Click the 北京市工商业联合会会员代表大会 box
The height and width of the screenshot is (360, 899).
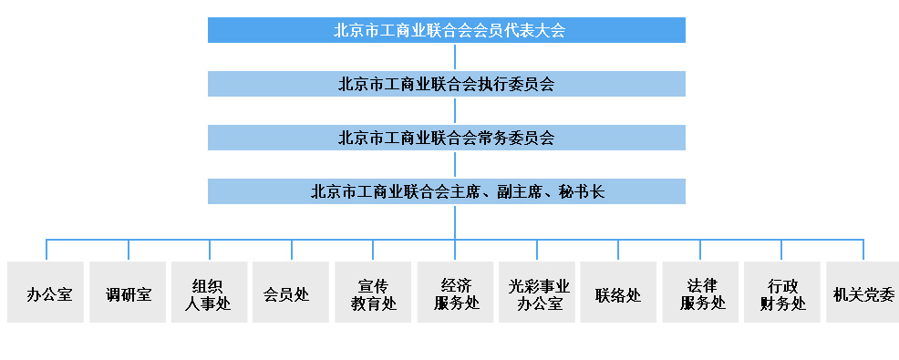[x=446, y=30]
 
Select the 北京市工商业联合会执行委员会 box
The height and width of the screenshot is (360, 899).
[x=446, y=84]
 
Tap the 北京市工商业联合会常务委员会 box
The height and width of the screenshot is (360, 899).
[x=446, y=138]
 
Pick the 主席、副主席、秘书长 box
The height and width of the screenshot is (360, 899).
[x=446, y=191]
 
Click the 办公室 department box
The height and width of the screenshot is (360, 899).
[x=46, y=293]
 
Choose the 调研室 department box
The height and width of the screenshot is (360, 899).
[x=128, y=293]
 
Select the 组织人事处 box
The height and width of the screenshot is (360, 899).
[x=210, y=293]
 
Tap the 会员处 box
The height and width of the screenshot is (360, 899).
[x=291, y=293]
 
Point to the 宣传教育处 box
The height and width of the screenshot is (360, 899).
[x=373, y=293]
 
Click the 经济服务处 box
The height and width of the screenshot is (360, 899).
[x=455, y=293]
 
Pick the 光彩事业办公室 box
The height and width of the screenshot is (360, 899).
[x=536, y=293]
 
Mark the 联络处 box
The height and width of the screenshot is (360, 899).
[x=618, y=293]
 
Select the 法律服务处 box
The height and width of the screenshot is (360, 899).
[x=700, y=293]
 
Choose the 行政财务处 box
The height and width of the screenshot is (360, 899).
[x=781, y=293]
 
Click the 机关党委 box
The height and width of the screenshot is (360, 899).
[x=863, y=293]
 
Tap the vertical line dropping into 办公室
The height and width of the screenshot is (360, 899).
[x=46, y=251]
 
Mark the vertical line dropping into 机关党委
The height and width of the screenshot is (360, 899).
[x=863, y=251]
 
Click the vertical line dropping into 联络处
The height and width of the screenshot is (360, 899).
[x=618, y=251]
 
